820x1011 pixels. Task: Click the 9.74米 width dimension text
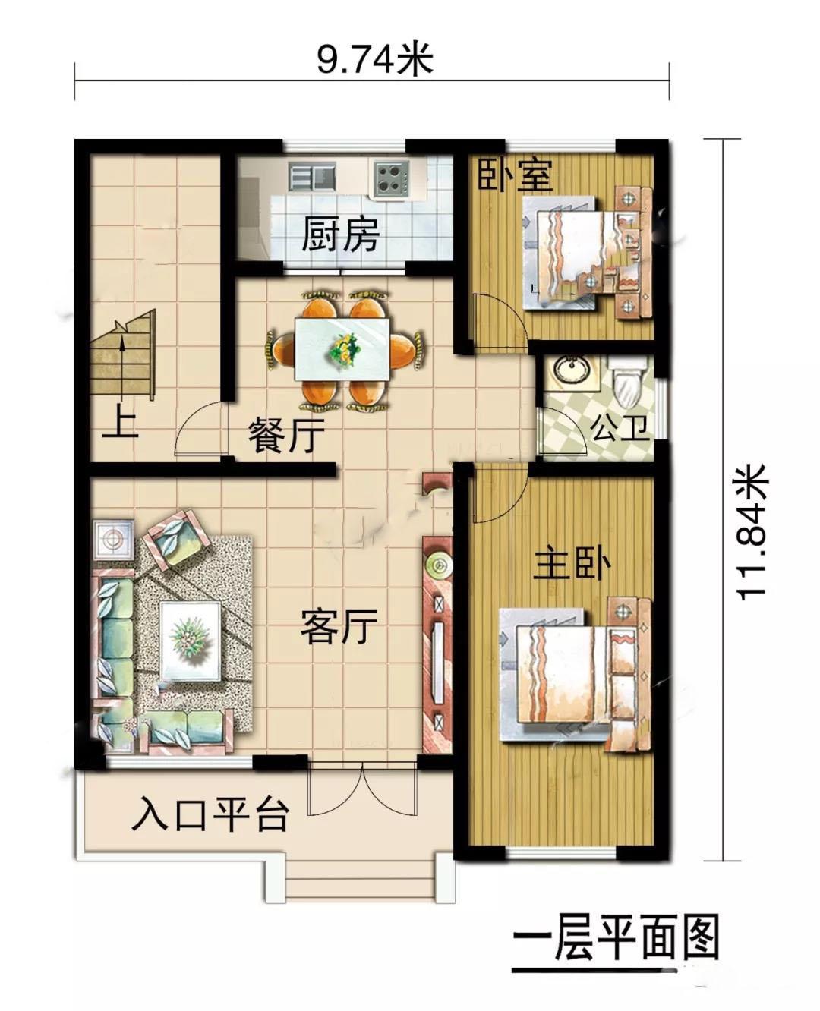point(374,59)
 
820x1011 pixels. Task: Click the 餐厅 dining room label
point(286,435)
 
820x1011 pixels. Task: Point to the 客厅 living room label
point(339,626)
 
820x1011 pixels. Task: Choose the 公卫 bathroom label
point(620,429)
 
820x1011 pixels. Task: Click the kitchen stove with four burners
point(392,179)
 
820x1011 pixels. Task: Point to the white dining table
point(343,349)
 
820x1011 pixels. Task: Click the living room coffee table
point(191,641)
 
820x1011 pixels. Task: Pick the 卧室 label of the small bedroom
point(516,175)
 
